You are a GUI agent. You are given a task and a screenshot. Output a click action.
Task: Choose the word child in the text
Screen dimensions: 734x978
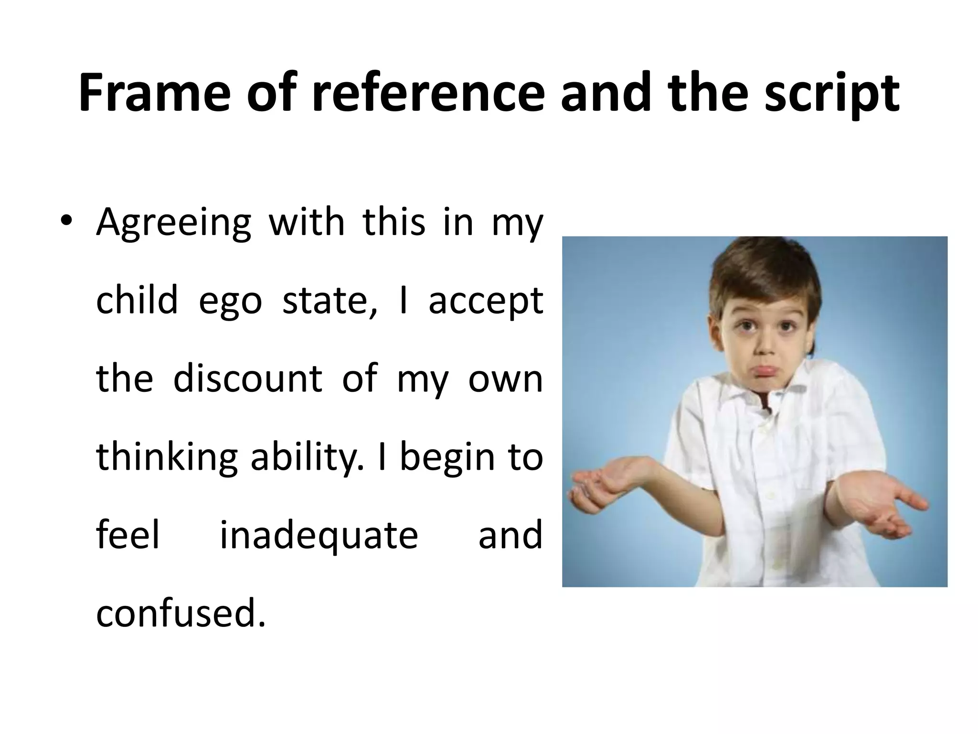pos(137,300)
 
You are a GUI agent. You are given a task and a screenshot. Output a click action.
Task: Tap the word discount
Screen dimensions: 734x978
pos(248,378)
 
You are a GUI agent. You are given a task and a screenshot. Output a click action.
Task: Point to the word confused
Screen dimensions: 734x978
pos(180,613)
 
